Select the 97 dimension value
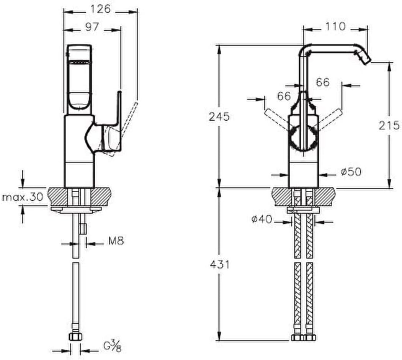coord(92,27)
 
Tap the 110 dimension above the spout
coord(335,26)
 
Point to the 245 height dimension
coord(219,117)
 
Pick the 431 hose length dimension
coord(220,264)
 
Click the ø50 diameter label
coord(351,172)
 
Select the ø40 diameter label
coord(261,219)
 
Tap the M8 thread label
coord(116,241)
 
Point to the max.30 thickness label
coord(23,198)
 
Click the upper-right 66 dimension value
coord(322,82)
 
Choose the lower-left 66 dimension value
coord(284,96)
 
